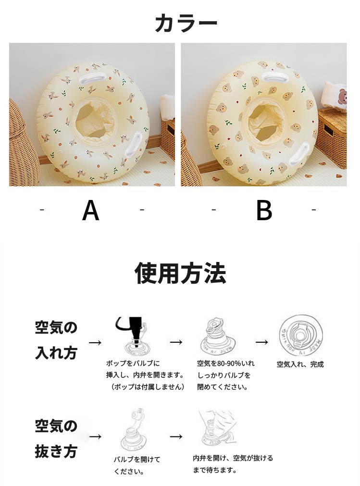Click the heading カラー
[x=186, y=23]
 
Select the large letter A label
[x=90, y=210]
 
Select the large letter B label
[x=264, y=210]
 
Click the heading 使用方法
[x=180, y=274]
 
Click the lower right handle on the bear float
[x=298, y=153]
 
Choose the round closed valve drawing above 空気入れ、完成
[x=300, y=336]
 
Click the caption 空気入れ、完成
[x=300, y=364]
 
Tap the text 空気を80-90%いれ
[x=225, y=363]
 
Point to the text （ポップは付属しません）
[x=148, y=387]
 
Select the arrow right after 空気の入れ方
[x=95, y=342]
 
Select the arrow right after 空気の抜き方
[x=95, y=436]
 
